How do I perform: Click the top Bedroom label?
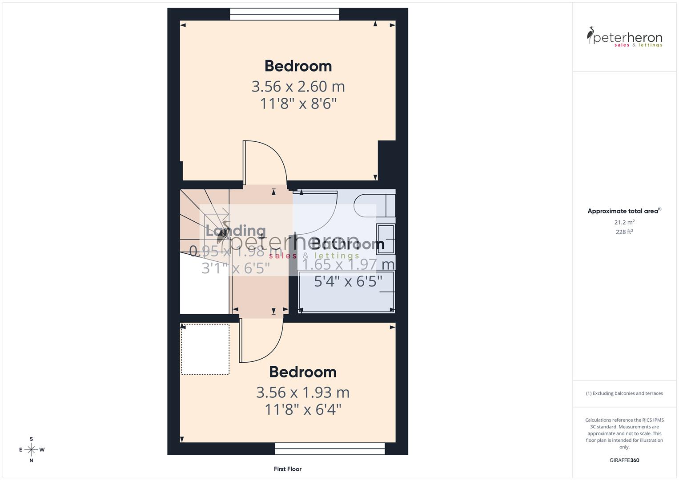pos(298,66)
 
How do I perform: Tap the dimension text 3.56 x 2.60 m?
pos(298,86)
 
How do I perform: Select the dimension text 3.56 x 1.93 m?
pos(302,392)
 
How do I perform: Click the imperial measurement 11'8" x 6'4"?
pos(302,409)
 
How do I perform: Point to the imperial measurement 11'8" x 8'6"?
pos(298,104)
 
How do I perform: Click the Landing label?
pos(236,231)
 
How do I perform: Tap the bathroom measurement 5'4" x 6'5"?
pos(348,281)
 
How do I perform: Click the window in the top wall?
pos(285,15)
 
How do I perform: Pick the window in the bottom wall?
pos(329,448)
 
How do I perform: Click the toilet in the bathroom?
pos(374,205)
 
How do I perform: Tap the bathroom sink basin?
pos(385,238)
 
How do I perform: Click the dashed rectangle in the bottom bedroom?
pos(205,349)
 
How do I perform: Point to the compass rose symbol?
pos(31,450)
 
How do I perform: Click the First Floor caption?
pos(288,469)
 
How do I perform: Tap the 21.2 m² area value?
pos(624,222)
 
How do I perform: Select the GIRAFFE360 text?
pos(624,460)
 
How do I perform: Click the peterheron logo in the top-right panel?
pos(624,37)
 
